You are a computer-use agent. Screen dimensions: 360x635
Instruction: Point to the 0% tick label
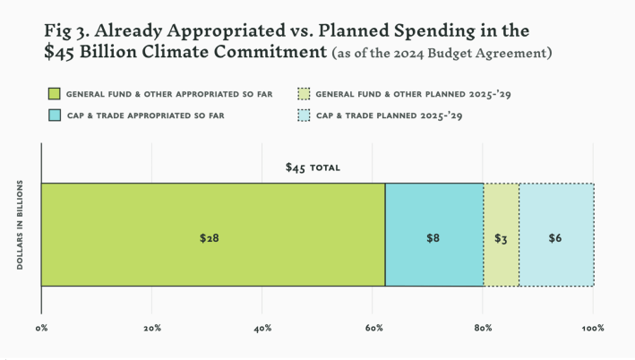[41, 329]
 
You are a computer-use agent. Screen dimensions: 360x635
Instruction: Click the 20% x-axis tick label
[152, 329]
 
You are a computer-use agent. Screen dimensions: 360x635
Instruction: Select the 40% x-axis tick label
[262, 329]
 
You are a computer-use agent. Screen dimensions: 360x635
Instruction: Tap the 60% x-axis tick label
[373, 329]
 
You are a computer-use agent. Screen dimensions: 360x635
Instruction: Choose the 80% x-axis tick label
[483, 329]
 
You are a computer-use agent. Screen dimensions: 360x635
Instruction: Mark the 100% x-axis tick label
[593, 329]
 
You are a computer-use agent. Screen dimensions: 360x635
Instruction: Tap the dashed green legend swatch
[304, 92]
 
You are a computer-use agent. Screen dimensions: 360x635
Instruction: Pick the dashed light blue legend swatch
[304, 115]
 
